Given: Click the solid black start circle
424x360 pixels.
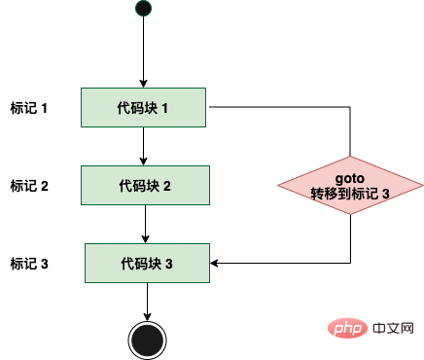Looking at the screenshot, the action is click(143, 9).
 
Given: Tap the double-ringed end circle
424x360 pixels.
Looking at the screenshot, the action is click(148, 341).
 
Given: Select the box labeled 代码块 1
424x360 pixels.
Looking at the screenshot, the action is click(143, 107).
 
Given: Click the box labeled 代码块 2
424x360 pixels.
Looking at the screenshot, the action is click(145, 186).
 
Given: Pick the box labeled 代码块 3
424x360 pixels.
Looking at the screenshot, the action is click(147, 263).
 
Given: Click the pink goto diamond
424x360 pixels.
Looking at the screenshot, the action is click(350, 186).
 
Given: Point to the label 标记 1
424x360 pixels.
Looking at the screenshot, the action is click(29, 108).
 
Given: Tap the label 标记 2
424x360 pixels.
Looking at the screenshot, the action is click(29, 186).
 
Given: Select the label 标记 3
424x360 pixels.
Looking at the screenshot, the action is click(29, 264).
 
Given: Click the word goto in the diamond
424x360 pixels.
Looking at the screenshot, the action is click(350, 178).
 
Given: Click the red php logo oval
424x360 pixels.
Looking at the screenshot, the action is click(347, 328).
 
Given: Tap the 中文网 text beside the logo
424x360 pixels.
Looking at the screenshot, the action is click(393, 328).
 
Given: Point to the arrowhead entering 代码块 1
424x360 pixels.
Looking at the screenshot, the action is click(143, 84).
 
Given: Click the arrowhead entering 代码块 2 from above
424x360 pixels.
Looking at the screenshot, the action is click(143, 162).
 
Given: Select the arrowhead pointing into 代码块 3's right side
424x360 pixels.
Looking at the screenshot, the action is click(214, 263).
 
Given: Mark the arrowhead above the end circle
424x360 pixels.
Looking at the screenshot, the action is click(148, 317).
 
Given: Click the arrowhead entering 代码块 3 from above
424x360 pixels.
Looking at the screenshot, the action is click(145, 239).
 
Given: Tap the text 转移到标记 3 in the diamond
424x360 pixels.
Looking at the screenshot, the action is click(350, 194).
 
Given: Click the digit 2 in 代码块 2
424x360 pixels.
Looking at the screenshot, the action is click(167, 186).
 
